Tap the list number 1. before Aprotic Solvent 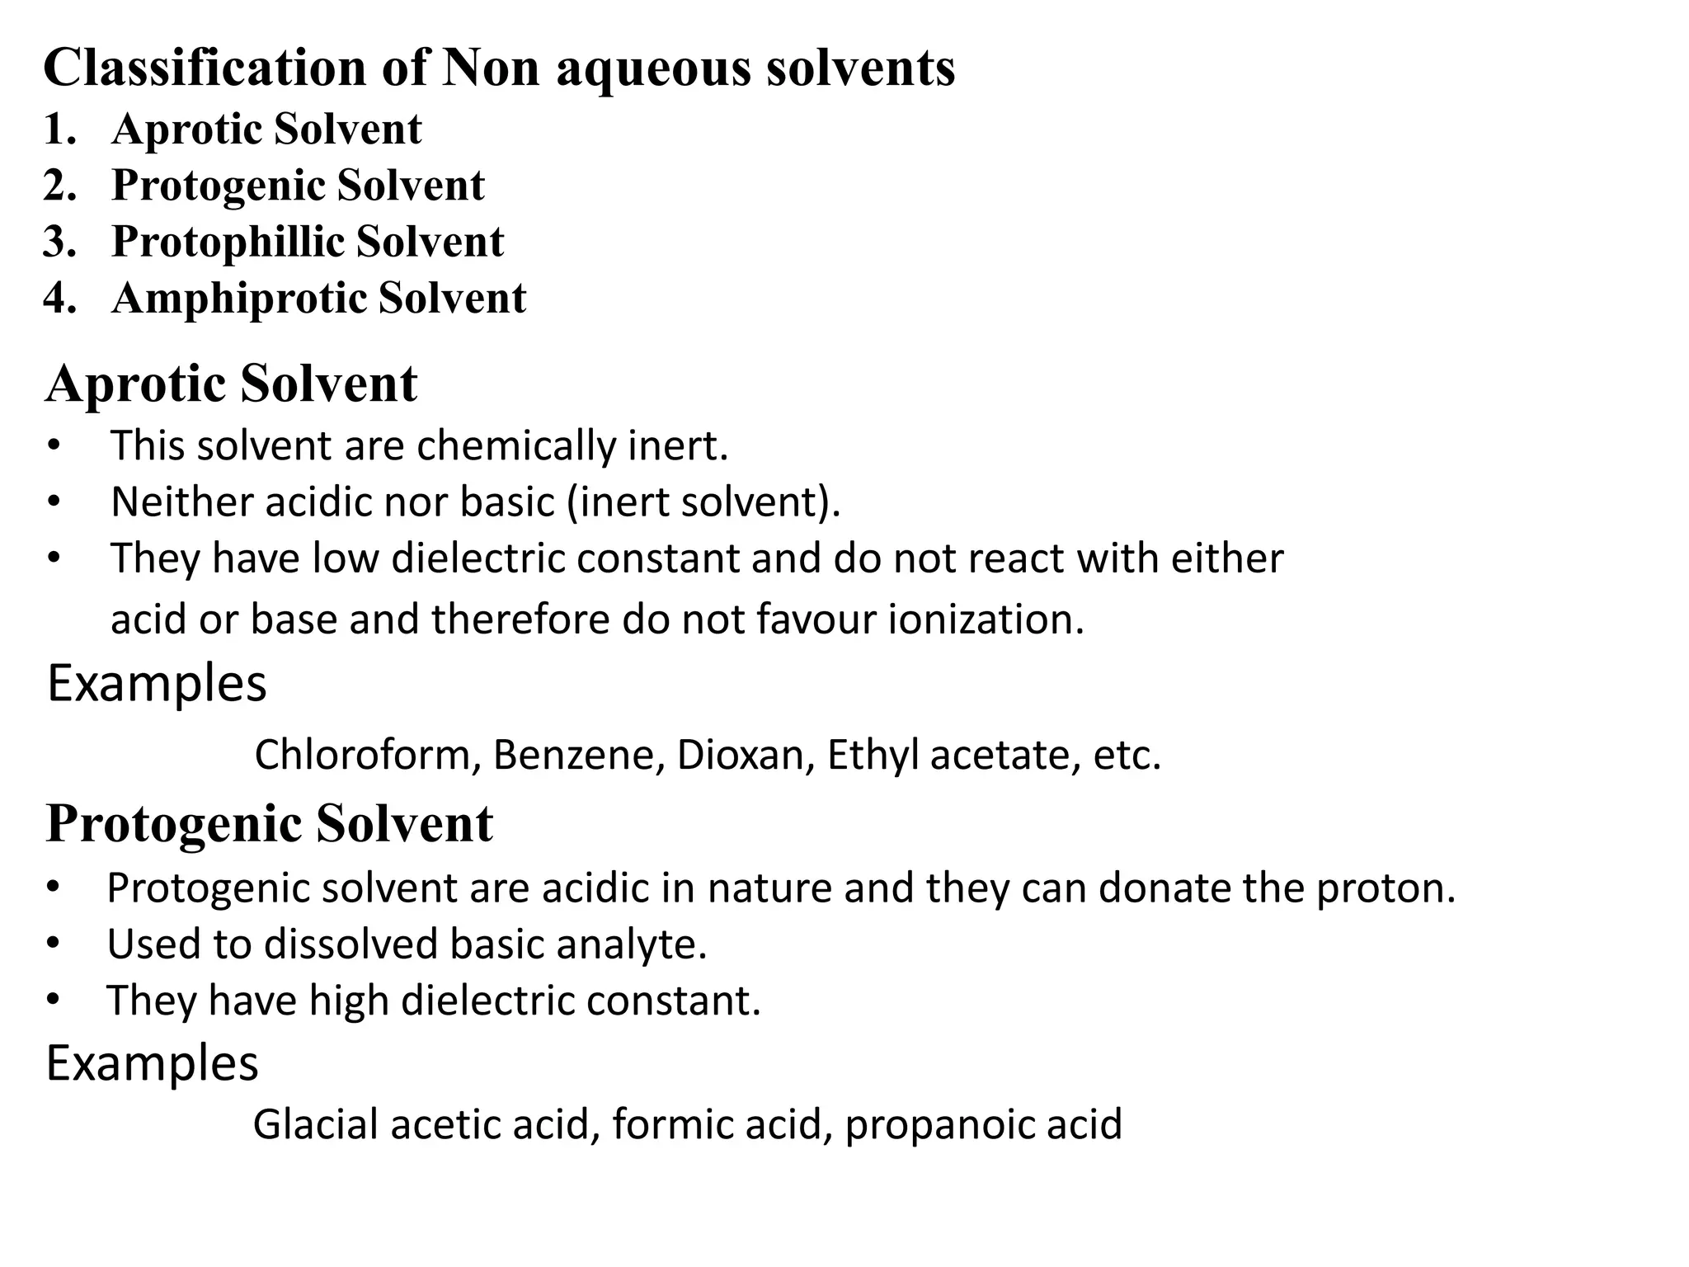[59, 130]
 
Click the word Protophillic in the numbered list [227, 243]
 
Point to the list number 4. [59, 299]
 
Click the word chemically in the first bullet [515, 447]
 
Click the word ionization [986, 619]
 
